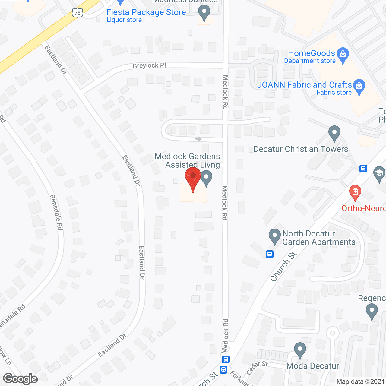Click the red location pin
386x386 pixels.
coord(193,178)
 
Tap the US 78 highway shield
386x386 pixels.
coord(78,13)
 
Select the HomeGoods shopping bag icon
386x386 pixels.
coord(343,54)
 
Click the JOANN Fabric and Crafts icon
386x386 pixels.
coord(359,86)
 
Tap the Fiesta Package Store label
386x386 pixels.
coord(146,12)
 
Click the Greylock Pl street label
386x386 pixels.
coord(149,65)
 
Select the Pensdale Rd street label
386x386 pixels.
coord(56,212)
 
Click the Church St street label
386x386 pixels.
coord(283,267)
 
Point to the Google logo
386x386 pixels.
coord(20,379)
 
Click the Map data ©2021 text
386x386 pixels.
coord(360,382)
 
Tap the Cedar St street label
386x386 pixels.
coord(257,368)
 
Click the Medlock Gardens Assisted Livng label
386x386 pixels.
coord(188,160)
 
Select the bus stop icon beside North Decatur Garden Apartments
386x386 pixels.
coord(270,254)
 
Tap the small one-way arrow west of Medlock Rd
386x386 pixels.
coord(198,139)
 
